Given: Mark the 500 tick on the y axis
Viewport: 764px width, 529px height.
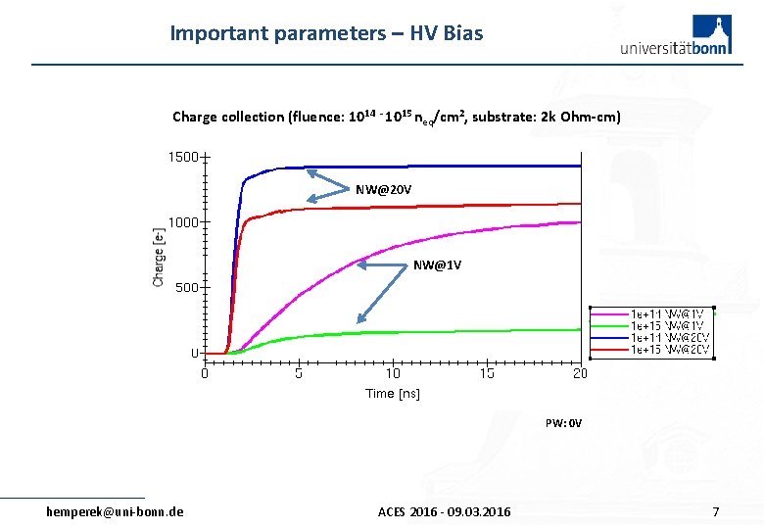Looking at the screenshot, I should (x=185, y=288).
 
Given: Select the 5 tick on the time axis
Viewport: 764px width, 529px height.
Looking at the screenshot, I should (x=299, y=373).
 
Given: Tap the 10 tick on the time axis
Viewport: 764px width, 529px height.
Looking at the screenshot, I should (x=392, y=373).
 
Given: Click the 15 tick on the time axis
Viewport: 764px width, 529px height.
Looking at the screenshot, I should (x=486, y=373).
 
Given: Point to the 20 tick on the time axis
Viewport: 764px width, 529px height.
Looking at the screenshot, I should (x=580, y=373).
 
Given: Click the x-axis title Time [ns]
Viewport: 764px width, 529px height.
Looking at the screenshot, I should (x=393, y=394).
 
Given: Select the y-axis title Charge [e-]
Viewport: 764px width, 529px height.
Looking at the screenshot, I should (x=159, y=257).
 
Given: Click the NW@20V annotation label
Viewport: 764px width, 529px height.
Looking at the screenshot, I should (x=383, y=188).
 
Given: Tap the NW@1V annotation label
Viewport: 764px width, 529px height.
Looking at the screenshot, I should (x=437, y=265).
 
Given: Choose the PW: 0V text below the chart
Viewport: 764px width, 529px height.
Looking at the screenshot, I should (x=563, y=424).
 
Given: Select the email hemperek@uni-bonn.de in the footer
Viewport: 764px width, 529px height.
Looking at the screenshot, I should (x=116, y=511).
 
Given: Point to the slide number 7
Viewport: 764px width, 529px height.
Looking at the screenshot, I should (x=716, y=511).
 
